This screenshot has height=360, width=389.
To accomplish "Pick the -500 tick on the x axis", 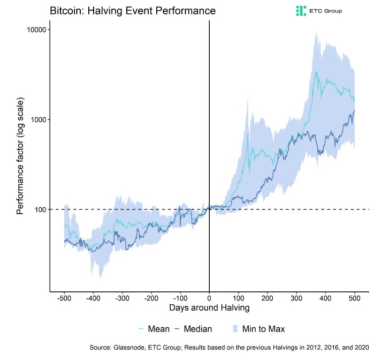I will pos(64,298).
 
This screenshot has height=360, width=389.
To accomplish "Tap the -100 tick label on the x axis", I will pos(180,298).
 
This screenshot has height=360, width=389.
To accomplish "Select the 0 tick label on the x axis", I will pos(209,298).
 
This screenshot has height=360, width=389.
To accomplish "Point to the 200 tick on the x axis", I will pos(268,298).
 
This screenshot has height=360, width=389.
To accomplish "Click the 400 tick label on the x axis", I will pos(325,298).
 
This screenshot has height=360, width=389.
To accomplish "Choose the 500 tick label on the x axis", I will pos(354,298).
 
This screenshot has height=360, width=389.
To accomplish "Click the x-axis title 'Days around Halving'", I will pos(209,309).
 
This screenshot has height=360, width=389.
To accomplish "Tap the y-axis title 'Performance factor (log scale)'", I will pos(20,156).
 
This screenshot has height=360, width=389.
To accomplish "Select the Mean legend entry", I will pos(155,329).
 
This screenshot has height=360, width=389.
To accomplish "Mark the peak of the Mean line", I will pos(316,72).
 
